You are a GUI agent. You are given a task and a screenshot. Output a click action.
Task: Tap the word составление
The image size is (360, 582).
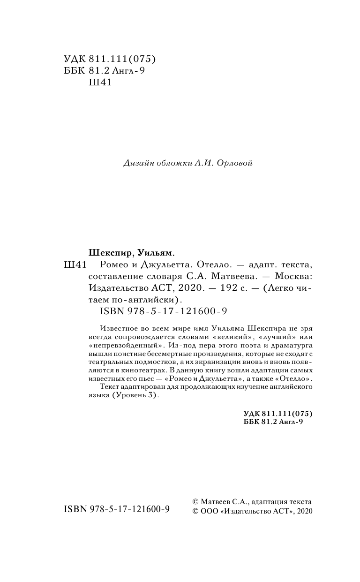[x=114, y=277]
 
